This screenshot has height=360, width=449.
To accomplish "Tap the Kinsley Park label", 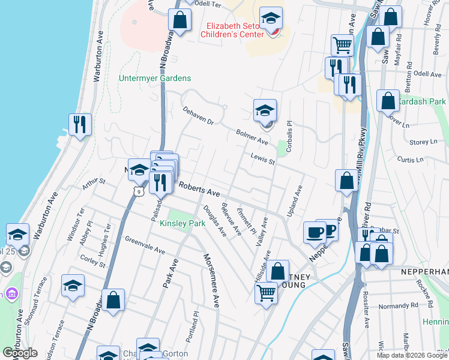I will (x=182, y=223).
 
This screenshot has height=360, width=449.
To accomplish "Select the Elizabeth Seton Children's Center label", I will (x=235, y=30).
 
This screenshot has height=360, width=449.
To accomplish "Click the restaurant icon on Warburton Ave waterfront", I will (x=80, y=125).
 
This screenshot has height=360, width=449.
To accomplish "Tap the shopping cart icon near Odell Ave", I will (x=342, y=45).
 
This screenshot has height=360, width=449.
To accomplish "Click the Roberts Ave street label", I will (x=199, y=190).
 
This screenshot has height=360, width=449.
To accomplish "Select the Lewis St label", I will (x=263, y=159).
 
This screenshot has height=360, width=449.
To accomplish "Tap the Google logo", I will (x=20, y=353).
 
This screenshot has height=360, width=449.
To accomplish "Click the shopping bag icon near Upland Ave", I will (x=347, y=181).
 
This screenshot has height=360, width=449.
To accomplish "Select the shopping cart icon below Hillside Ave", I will (x=267, y=293).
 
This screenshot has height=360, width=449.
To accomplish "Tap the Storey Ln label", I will (x=424, y=142).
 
